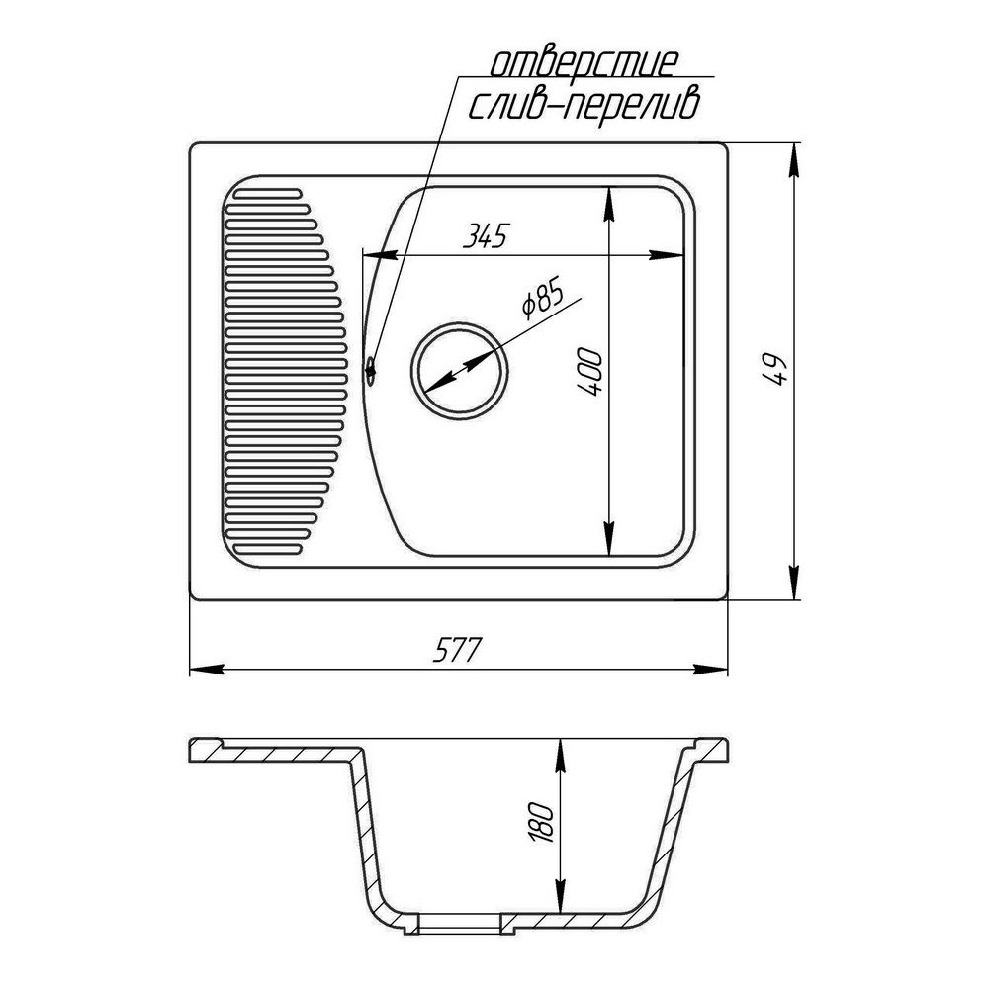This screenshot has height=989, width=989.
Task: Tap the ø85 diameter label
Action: (x=541, y=300)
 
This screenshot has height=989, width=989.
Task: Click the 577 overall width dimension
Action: (x=456, y=651)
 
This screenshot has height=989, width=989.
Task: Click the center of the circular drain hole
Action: (x=460, y=372)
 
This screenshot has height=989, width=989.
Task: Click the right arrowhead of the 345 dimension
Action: (x=673, y=255)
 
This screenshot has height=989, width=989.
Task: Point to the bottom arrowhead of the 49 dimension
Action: (x=794, y=585)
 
